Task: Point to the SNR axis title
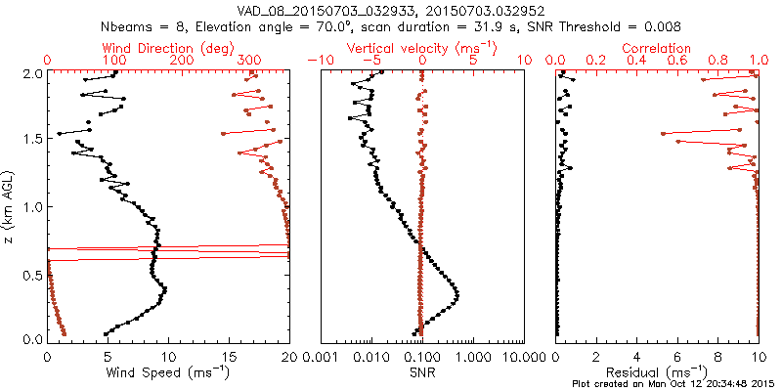[x=421, y=372]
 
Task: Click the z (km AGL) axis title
[x=10, y=205]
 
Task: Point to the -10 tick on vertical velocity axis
[x=319, y=61]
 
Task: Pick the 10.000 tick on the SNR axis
[x=523, y=356]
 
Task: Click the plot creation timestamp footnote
[x=674, y=384]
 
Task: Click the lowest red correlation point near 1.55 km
[x=664, y=133]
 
